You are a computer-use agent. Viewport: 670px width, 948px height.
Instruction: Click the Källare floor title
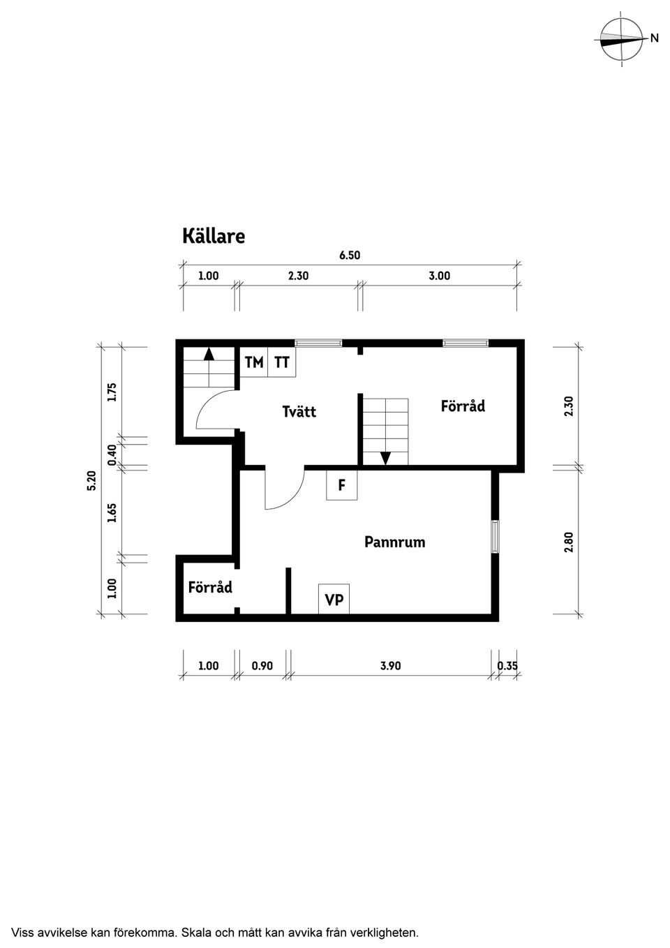tap(214, 236)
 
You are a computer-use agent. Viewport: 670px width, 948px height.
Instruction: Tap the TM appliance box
tap(254, 362)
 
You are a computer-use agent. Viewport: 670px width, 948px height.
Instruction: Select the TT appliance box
tap(282, 362)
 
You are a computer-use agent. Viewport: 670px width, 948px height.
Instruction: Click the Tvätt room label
tap(299, 412)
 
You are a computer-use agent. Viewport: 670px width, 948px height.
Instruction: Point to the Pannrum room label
tap(394, 542)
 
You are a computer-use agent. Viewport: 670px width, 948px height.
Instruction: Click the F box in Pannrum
tap(341, 485)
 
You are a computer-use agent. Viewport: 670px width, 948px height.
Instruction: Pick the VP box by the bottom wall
tap(334, 600)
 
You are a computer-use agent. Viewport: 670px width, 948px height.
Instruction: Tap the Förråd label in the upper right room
tap(463, 406)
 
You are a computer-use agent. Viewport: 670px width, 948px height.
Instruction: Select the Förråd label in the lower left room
tap(210, 587)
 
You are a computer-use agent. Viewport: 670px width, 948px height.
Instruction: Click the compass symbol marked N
tap(622, 39)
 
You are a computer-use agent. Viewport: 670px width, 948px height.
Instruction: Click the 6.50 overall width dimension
tap(350, 255)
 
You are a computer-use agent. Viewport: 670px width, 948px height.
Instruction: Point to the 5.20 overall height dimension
tap(91, 481)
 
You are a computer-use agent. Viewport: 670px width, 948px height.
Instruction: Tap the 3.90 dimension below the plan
tap(390, 666)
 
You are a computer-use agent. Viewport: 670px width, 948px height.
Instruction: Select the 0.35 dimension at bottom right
tap(507, 666)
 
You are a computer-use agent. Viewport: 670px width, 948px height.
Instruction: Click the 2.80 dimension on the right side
tap(568, 542)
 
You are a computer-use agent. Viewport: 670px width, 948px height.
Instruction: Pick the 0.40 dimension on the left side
tap(112, 454)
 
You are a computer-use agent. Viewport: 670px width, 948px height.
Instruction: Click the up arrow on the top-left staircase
tap(209, 353)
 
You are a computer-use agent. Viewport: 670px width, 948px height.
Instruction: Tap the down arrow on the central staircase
tap(385, 458)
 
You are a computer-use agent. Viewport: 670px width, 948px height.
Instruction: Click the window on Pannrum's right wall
tap(495, 537)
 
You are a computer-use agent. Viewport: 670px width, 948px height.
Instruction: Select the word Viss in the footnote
tap(22, 932)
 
